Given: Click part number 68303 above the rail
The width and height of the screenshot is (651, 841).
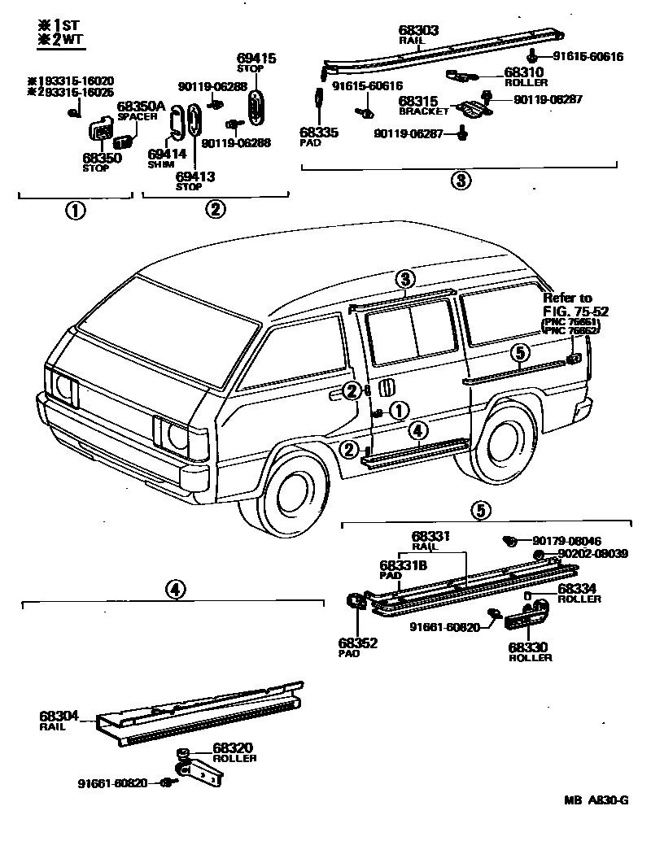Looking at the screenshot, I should click(x=419, y=30).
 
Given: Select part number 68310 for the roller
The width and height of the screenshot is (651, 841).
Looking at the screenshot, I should click(x=524, y=72).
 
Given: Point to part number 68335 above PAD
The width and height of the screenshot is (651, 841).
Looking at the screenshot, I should click(x=316, y=132).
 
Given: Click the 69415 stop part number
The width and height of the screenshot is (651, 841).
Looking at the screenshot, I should click(x=256, y=59).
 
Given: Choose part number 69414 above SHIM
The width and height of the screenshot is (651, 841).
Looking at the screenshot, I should click(x=167, y=154).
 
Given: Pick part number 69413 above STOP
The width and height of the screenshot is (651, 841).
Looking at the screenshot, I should click(x=194, y=175).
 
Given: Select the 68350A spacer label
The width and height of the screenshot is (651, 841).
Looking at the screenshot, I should click(x=141, y=107).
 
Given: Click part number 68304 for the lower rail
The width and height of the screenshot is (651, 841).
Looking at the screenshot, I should click(x=59, y=717).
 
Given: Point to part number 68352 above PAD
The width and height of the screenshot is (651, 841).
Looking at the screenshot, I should click(x=357, y=642).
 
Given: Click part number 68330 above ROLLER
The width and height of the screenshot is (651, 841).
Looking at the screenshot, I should click(x=529, y=647).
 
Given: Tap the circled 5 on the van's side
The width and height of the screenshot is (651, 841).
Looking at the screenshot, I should click(x=520, y=351).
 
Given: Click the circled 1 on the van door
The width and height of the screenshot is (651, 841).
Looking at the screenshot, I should click(x=399, y=411).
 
